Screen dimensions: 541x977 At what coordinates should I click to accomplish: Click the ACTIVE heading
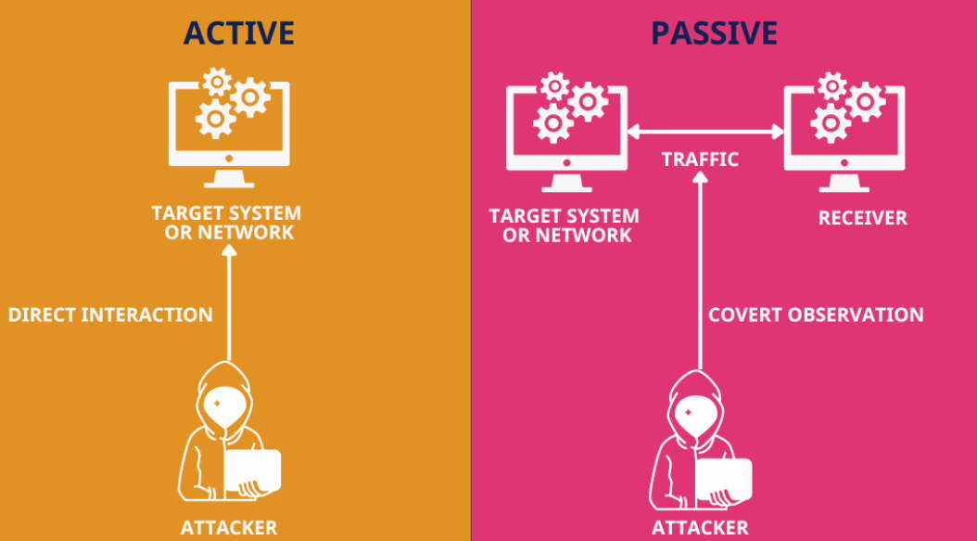pos(238,32)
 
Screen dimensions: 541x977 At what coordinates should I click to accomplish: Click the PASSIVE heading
pos(714,32)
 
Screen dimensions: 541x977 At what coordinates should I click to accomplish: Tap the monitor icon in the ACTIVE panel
pos(229,125)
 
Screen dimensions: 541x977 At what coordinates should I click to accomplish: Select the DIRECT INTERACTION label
pos(110,315)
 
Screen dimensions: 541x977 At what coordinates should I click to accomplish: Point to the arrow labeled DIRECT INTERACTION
pos(228,306)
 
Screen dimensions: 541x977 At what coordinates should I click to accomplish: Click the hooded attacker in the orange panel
pos(222,436)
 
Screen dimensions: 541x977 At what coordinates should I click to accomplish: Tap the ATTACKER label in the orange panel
pos(228,528)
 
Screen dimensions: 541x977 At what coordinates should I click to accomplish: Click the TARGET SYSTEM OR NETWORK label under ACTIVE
pos(226,223)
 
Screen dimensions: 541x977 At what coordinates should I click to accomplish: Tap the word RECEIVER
pos(862,218)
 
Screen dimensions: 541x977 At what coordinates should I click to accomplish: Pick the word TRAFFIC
pos(700,160)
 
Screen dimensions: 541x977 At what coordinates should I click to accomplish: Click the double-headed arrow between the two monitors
pos(705,132)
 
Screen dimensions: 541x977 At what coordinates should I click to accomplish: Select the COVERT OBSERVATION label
pos(816,315)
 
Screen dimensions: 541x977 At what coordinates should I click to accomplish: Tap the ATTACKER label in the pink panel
pos(700,528)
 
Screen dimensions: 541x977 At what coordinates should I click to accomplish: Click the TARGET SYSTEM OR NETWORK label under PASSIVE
pos(564,225)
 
